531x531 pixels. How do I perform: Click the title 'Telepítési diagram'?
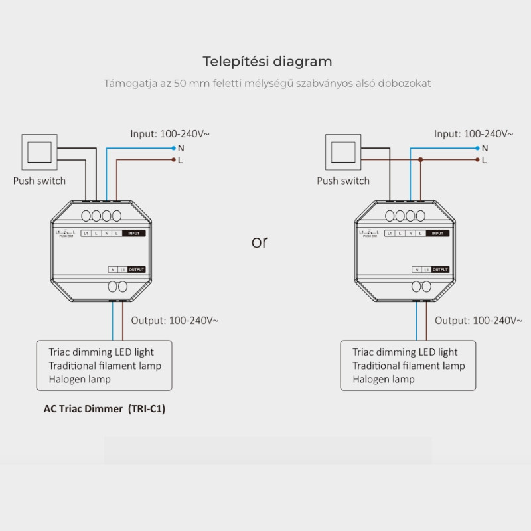(267, 62)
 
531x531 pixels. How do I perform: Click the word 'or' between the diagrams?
(260, 242)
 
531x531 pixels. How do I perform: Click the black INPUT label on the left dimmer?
(134, 234)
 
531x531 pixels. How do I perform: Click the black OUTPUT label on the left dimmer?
(136, 269)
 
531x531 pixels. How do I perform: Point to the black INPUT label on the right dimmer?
(438, 234)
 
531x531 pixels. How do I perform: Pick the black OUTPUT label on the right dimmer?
(440, 269)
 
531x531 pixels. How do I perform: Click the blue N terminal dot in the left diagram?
(173, 147)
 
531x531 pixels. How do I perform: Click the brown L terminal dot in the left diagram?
(173, 160)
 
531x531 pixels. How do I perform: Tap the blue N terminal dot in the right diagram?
(477, 147)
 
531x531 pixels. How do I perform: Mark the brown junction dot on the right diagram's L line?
(421, 160)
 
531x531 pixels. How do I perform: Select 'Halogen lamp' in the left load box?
(80, 379)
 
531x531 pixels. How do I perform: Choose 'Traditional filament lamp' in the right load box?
(408, 366)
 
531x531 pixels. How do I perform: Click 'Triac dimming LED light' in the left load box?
(101, 352)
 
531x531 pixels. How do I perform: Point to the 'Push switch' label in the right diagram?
(343, 181)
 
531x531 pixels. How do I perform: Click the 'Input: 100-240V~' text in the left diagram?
(170, 133)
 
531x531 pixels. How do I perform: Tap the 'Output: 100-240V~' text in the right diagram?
(479, 321)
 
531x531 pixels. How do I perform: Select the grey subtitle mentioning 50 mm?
(267, 84)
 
